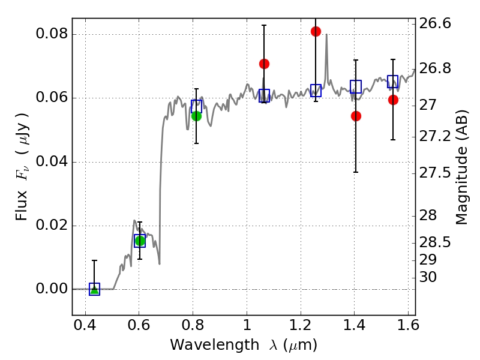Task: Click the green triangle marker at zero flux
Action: [95, 290]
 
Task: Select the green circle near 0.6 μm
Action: [140, 241]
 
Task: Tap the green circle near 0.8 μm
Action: [197, 116]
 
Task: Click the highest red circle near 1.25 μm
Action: [316, 31]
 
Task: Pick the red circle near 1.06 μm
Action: [264, 64]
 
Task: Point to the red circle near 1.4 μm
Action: [356, 116]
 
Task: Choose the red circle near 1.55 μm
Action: [394, 100]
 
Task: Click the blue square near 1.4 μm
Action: [356, 86]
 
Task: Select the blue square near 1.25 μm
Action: [316, 91]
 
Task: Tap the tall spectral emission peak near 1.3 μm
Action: [326, 34]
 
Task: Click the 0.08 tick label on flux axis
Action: [52, 33]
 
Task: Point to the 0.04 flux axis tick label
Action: [52, 161]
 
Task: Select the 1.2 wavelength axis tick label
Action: [301, 325]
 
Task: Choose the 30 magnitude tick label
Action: [428, 277]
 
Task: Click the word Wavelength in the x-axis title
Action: [215, 344]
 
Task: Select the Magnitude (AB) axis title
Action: [461, 167]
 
